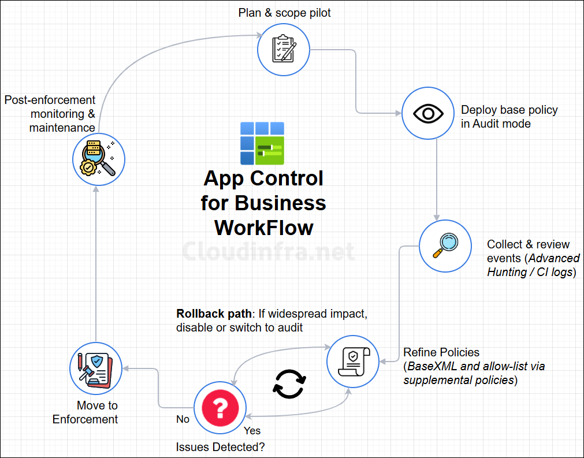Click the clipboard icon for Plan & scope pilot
[282, 49]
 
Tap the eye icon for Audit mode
[427, 114]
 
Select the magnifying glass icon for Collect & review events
[444, 246]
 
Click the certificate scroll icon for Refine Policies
[352, 363]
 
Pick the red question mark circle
[220, 408]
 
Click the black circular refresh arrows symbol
[289, 384]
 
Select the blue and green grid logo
[262, 143]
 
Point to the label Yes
[252, 430]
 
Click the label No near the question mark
[183, 419]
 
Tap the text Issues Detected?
[220, 447]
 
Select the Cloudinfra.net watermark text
[268, 251]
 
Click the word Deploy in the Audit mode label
[477, 110]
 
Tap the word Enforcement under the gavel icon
[85, 419]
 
